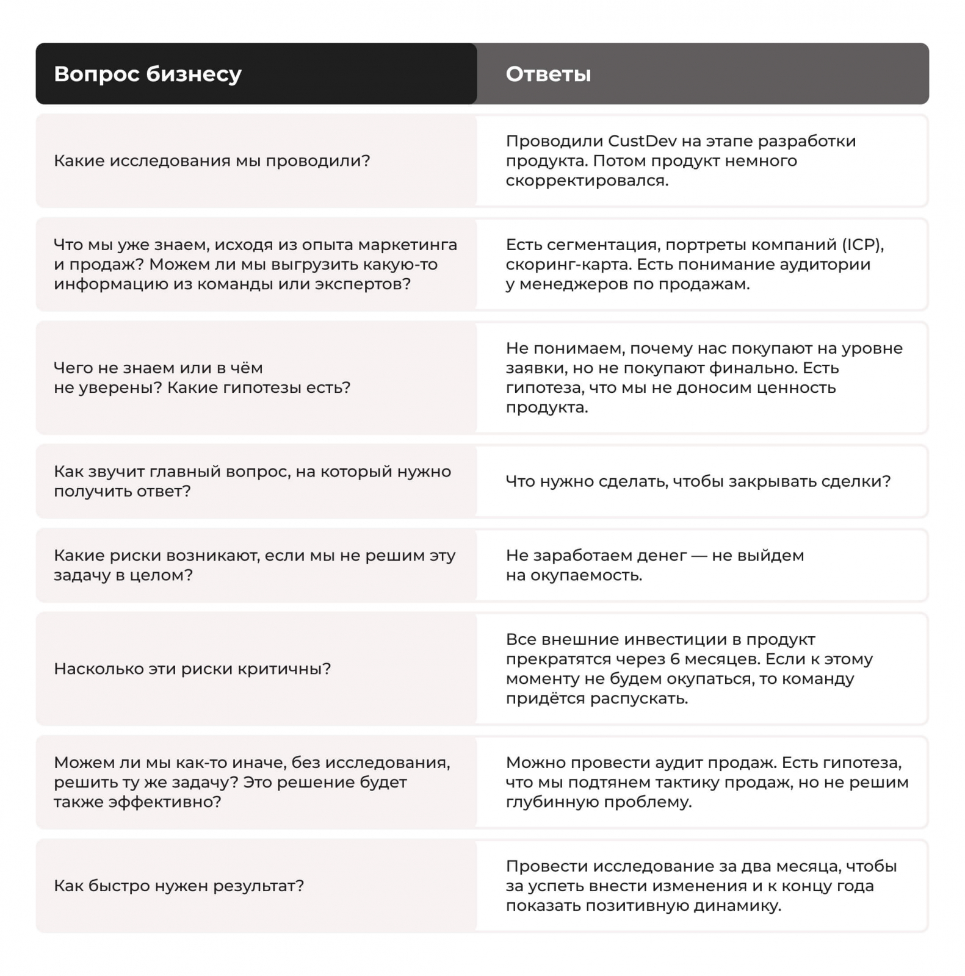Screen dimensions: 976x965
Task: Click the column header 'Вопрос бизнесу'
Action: pyautogui.click(x=148, y=74)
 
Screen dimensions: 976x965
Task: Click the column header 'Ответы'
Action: pyautogui.click(x=548, y=74)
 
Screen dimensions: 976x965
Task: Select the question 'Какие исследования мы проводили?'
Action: pyautogui.click(x=212, y=161)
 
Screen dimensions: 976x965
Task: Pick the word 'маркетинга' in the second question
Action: pyautogui.click(x=407, y=245)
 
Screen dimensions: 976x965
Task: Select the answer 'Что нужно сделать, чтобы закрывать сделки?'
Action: pyautogui.click(x=698, y=482)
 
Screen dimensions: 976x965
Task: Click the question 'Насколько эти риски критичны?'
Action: pyautogui.click(x=192, y=669)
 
